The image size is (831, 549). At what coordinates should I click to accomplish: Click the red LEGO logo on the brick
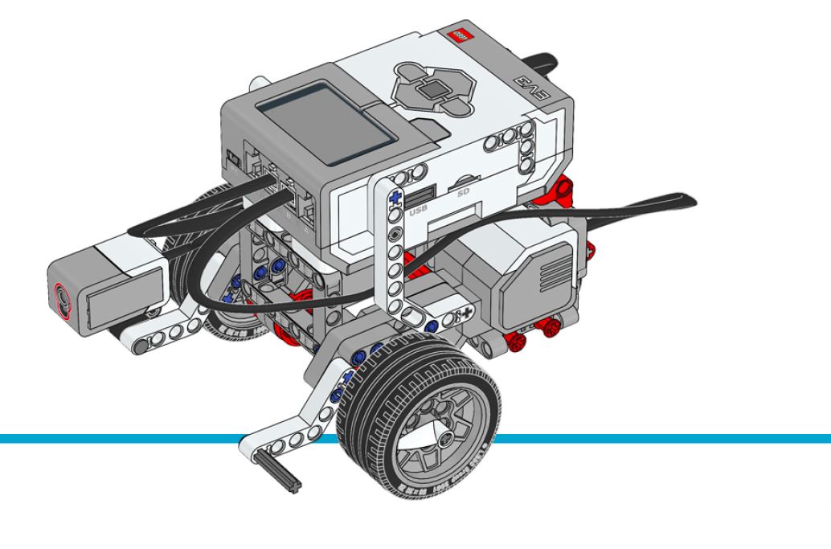[461, 36]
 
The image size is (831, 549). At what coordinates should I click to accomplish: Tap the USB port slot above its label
[420, 194]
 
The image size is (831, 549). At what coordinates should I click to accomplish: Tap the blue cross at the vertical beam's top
[394, 195]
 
